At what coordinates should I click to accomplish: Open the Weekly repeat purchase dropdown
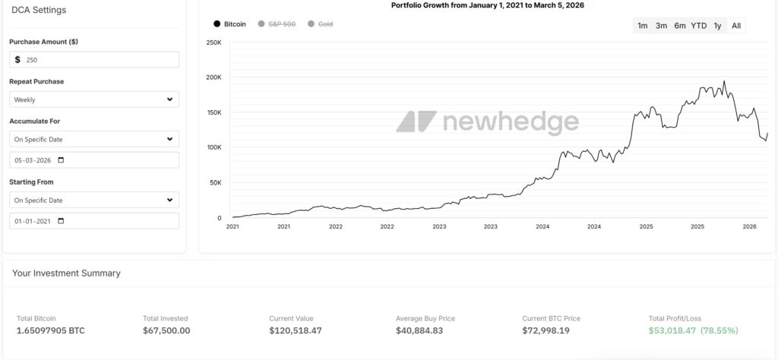point(94,99)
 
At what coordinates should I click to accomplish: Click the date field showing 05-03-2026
point(94,160)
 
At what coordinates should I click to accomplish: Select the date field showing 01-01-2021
point(94,221)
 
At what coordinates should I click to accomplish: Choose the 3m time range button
point(661,26)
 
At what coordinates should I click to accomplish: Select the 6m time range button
point(679,26)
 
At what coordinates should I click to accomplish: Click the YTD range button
point(698,26)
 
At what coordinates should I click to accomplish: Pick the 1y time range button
point(717,26)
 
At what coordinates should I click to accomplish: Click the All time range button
point(736,26)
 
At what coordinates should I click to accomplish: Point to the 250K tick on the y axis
point(213,43)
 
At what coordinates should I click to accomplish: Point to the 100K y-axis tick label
point(213,147)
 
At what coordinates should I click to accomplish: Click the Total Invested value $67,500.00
point(166,331)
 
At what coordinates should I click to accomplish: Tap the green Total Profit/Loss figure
point(693,331)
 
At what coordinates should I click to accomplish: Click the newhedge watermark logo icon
point(416,122)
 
